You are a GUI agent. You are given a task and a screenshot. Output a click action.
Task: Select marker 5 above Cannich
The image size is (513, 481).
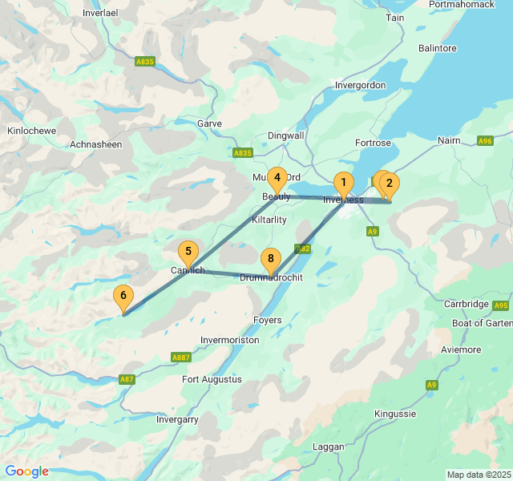pos(188,252)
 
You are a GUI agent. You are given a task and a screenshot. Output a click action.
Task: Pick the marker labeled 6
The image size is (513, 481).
pos(123,296)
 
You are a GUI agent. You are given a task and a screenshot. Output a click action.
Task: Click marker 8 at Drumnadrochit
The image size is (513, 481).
pos(271,259)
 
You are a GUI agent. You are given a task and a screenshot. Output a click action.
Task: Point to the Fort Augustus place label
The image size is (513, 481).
pos(212,379)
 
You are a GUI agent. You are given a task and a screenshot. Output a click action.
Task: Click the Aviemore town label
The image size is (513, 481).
pos(460,350)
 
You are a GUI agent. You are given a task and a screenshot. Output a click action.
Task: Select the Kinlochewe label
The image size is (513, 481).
pos(32,130)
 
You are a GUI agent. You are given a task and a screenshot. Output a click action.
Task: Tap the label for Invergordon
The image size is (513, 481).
pos(361,85)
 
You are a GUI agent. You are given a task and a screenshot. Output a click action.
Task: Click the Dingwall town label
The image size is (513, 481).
pos(286,135)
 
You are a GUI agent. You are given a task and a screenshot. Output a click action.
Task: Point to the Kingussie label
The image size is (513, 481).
pos(395,414)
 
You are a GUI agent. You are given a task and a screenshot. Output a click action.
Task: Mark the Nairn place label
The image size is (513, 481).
pos(450,140)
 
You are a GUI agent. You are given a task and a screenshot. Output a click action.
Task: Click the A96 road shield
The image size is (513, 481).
pos(485,141)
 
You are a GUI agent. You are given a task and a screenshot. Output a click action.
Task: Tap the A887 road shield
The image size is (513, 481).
pos(180,358)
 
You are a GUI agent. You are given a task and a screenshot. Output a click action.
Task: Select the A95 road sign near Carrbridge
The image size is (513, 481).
pos(501,305)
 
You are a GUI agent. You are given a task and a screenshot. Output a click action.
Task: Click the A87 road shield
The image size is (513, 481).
pos(127,379)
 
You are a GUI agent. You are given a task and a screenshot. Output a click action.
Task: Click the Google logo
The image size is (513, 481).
pos(26,471)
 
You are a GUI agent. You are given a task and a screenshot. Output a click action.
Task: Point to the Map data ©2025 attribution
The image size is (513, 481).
pos(479,475)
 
